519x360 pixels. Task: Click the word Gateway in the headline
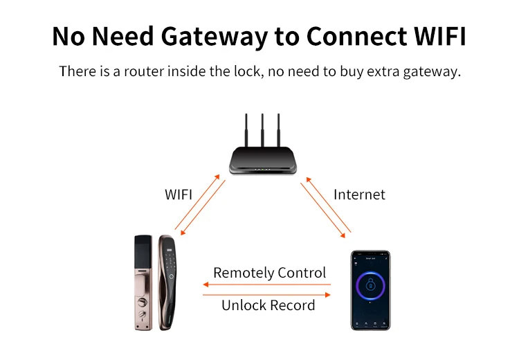pyautogui.click(x=214, y=37)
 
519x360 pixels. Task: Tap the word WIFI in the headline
pyautogui.click(x=440, y=36)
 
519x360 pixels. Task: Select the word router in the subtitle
pyautogui.click(x=144, y=71)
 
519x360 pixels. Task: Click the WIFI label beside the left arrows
pyautogui.click(x=179, y=195)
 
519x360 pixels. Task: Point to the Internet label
pyautogui.click(x=359, y=195)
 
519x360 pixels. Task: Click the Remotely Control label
pyautogui.click(x=269, y=273)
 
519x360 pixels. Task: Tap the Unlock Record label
pyautogui.click(x=268, y=305)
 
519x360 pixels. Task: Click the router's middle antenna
pyautogui.click(x=262, y=130)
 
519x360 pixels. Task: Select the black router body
pyautogui.click(x=263, y=161)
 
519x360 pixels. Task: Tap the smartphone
pyautogui.click(x=370, y=290)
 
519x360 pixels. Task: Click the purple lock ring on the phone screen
pyautogui.click(x=370, y=285)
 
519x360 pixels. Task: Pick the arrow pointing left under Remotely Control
pyautogui.click(x=266, y=284)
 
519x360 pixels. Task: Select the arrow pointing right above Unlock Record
pyautogui.click(x=266, y=294)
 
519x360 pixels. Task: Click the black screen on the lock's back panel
pyautogui.click(x=143, y=251)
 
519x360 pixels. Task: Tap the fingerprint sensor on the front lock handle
pyautogui.click(x=171, y=276)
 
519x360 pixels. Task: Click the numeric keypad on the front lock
pyautogui.click(x=170, y=260)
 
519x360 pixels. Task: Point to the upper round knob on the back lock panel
pyautogui.click(x=143, y=302)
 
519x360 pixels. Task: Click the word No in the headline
pyautogui.click(x=69, y=36)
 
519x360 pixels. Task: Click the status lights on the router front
pyautogui.click(x=262, y=170)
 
